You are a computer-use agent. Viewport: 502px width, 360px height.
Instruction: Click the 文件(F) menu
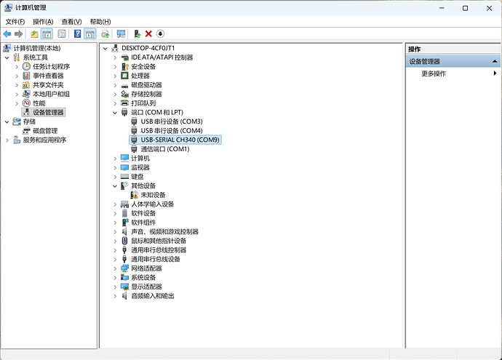pos(15,22)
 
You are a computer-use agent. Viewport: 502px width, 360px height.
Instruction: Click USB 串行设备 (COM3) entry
pos(172,121)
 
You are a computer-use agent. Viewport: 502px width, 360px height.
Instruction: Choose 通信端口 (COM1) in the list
pos(164,149)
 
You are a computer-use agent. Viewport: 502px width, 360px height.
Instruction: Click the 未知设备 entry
pos(153,195)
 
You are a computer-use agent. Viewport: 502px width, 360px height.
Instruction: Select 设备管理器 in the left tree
pos(48,112)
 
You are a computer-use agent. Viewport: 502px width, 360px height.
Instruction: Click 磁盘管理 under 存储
pos(45,131)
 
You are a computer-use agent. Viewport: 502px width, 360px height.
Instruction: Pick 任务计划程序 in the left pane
pos(51,66)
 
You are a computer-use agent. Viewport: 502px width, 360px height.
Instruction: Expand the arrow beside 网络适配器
pos(115,268)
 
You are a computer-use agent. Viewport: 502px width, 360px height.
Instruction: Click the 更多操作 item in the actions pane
pos(434,73)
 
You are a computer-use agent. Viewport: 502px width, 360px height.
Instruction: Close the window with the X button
pos(485,7)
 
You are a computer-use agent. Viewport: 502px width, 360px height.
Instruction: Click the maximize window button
pos(452,7)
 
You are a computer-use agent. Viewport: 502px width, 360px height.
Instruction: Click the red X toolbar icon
pos(148,33)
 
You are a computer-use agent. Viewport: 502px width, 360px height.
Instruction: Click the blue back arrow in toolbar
pos(7,33)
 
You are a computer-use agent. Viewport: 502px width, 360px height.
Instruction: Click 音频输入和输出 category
pos(152,296)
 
